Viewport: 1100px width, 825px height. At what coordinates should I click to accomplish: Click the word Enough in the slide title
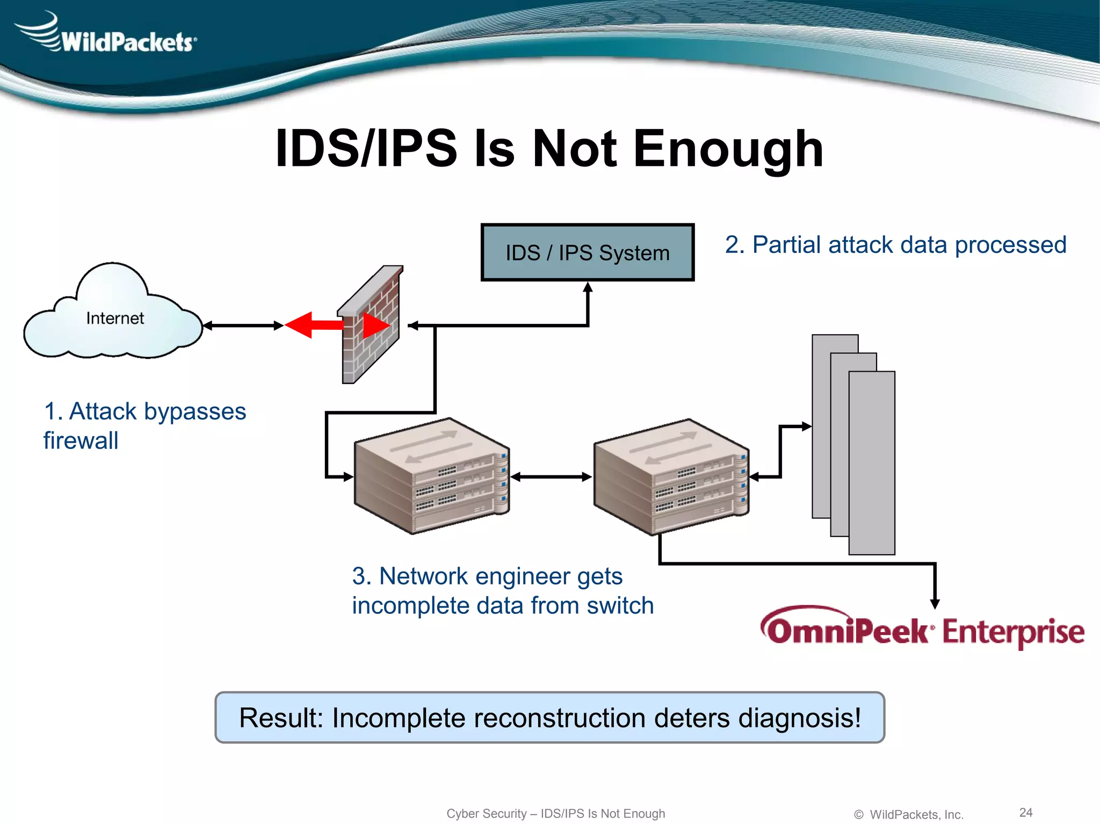[728, 149]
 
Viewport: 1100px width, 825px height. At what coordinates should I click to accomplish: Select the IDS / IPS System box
[588, 252]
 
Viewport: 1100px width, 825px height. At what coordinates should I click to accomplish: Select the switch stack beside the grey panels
[671, 477]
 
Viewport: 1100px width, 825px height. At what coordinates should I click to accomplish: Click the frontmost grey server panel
[872, 462]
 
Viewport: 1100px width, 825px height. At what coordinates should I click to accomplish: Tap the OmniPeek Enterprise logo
[922, 629]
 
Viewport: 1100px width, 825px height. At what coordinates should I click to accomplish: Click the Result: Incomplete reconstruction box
[549, 718]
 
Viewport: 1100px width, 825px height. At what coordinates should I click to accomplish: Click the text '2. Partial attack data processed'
[895, 245]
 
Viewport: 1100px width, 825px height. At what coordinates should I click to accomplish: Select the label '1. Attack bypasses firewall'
[144, 425]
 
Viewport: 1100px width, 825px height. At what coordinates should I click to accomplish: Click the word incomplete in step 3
[410, 606]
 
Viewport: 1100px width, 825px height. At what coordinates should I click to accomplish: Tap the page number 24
[1026, 812]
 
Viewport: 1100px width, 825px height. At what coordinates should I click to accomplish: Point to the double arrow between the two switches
[551, 476]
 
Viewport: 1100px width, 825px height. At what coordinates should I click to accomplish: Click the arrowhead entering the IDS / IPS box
[588, 288]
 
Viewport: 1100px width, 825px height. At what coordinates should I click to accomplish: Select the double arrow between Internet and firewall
[243, 325]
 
